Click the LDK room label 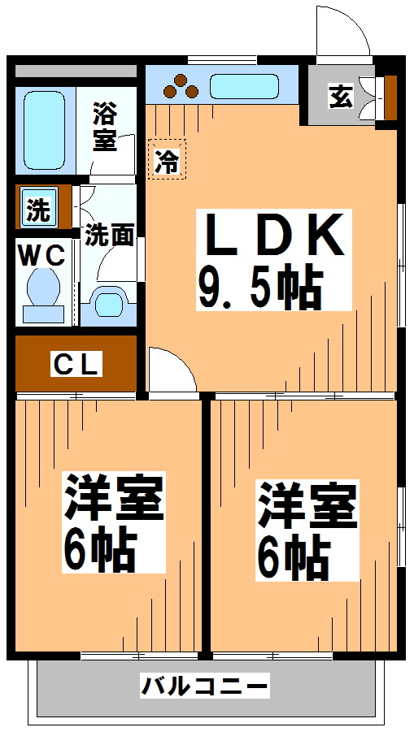[x=275, y=236]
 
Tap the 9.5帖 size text [x=260, y=288]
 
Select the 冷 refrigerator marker [x=167, y=159]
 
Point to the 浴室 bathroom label [x=104, y=127]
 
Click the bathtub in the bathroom [x=43, y=130]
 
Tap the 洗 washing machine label [x=37, y=209]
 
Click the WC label [x=42, y=254]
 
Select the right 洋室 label [x=307, y=505]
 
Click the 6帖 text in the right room [x=293, y=557]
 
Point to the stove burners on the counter [x=181, y=86]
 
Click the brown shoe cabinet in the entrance [x=390, y=96]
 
